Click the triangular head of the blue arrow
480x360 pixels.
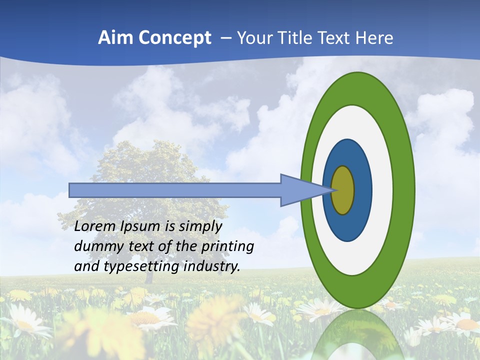[x=300, y=190]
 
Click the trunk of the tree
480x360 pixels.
[x=148, y=275]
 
